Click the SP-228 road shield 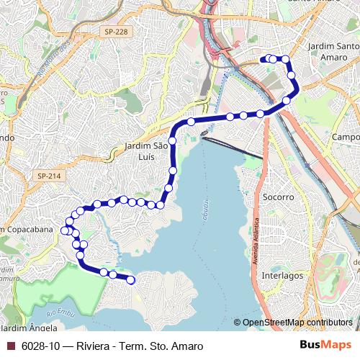116,32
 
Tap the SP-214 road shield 49,176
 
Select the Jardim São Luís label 146,151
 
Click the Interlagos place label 282,275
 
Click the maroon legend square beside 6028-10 11,346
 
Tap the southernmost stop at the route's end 131,281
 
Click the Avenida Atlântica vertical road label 256,238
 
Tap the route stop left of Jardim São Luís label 173,140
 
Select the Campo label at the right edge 346,137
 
